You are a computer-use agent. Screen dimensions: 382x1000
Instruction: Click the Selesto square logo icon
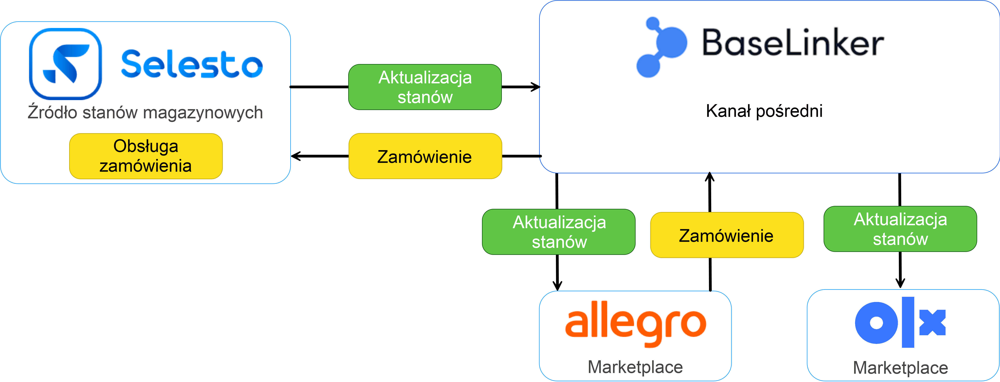[x=65, y=64]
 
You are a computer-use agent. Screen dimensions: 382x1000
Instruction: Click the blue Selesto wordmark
[x=192, y=64]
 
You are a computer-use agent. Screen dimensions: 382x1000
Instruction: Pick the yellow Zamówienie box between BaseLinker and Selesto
[x=425, y=156]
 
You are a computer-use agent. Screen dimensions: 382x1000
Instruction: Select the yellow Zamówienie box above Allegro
[x=726, y=235]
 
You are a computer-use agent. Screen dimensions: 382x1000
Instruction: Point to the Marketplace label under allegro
[x=635, y=367]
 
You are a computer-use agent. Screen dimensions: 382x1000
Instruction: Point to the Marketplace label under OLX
[x=900, y=368]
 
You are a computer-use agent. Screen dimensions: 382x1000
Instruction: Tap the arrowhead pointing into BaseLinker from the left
[x=536, y=87]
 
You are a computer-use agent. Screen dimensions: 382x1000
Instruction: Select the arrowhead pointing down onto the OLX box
[x=900, y=283]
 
